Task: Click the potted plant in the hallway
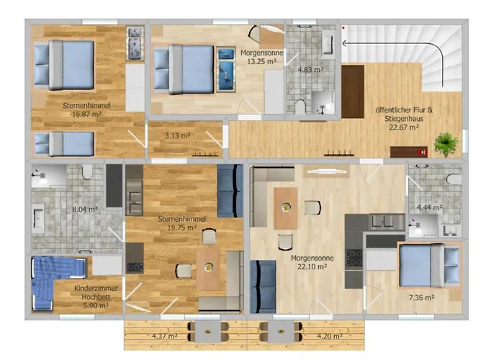pyautogui.click(x=446, y=144)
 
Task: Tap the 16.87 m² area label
pyautogui.click(x=87, y=114)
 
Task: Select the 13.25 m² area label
pyautogui.click(x=262, y=61)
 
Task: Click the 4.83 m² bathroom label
pyautogui.click(x=310, y=69)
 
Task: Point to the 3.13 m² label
pyautogui.click(x=177, y=135)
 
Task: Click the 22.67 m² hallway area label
pyautogui.click(x=404, y=127)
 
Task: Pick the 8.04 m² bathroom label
pyautogui.click(x=85, y=210)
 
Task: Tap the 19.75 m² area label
pyautogui.click(x=182, y=228)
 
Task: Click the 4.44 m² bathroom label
pyautogui.click(x=429, y=207)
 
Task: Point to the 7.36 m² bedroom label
pyautogui.click(x=421, y=297)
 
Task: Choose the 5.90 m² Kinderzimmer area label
pyautogui.click(x=96, y=305)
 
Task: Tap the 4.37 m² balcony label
pyautogui.click(x=165, y=336)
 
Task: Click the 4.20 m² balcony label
pyautogui.click(x=330, y=336)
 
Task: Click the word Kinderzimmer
pyautogui.click(x=96, y=288)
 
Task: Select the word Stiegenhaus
pyautogui.click(x=404, y=119)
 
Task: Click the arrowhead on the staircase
pyautogui.click(x=344, y=43)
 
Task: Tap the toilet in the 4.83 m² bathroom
pyautogui.click(x=300, y=107)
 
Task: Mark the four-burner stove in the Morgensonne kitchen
pyautogui.click(x=354, y=258)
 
